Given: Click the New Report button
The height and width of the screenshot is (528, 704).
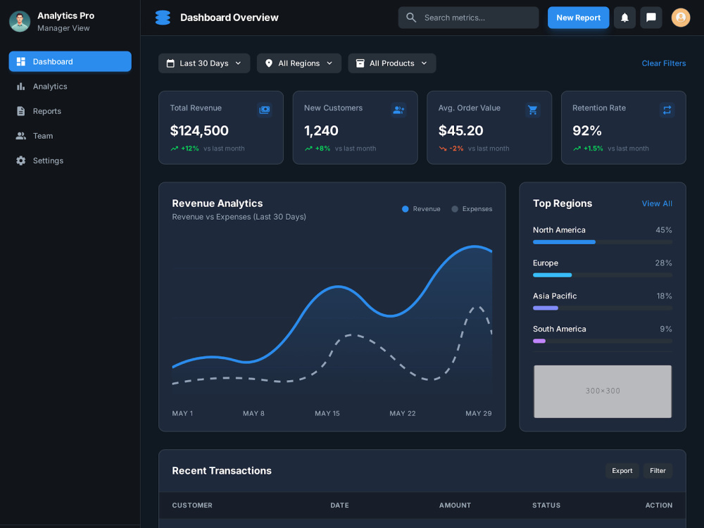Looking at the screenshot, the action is click(578, 18).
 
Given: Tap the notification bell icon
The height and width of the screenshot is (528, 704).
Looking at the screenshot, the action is click(624, 18).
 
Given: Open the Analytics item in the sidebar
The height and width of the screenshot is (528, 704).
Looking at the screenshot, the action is click(50, 86).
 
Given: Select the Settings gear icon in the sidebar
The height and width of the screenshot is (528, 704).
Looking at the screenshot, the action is click(20, 161).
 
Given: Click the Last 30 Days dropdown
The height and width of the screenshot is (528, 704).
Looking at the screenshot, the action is click(204, 63).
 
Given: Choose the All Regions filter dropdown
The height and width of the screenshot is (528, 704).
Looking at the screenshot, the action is click(299, 63).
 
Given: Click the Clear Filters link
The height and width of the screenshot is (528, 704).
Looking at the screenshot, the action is click(664, 63).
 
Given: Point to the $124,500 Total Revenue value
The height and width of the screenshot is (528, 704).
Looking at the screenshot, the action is click(199, 131).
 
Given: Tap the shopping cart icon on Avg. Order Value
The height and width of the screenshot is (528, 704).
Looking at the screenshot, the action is click(532, 110).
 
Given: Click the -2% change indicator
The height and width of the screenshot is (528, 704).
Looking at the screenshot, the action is click(456, 148).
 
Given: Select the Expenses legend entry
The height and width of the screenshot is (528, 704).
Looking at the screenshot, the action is click(472, 209).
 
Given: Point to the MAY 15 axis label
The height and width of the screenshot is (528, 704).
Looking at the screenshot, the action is click(327, 413).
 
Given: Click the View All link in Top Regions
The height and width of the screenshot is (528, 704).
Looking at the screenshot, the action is click(657, 203).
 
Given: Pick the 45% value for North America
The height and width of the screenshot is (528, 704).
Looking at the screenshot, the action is click(664, 230).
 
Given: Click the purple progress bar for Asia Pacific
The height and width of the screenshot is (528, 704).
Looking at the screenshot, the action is click(546, 308).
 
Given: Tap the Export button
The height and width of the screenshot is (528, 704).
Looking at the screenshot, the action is click(622, 470).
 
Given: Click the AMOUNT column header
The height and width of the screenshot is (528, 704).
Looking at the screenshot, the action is click(455, 505).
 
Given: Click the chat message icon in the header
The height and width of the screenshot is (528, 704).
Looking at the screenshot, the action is click(651, 18).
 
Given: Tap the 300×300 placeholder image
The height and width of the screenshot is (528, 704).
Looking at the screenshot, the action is click(603, 391).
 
